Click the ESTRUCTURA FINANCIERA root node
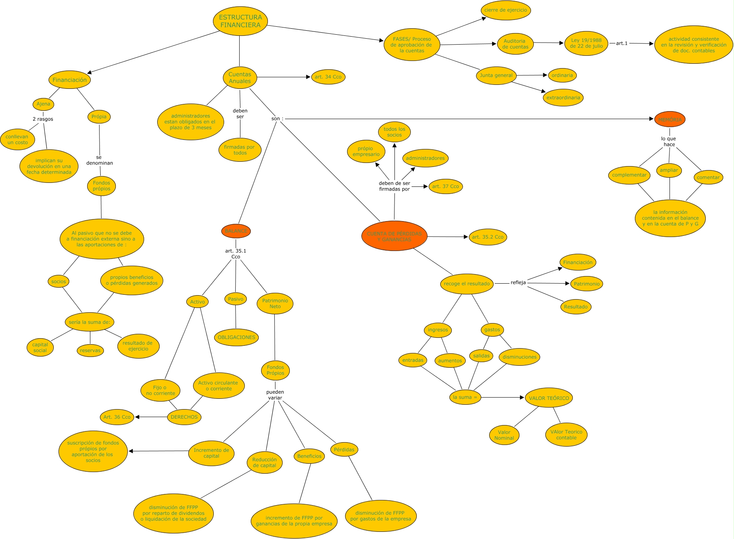tap(240, 21)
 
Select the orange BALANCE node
tap(236, 231)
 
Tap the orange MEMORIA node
tap(670, 120)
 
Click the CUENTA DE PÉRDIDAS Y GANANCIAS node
tap(394, 236)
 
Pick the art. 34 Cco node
tap(328, 77)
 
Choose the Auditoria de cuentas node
tap(515, 44)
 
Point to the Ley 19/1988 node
tap(586, 43)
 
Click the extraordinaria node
tap(563, 98)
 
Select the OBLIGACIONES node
tap(236, 337)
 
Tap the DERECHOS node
tap(184, 417)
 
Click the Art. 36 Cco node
tap(117, 417)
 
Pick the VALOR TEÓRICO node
tap(549, 398)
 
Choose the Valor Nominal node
tap(504, 435)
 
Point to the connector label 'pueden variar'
tap(275, 395)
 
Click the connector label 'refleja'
tap(518, 282)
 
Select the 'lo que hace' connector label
tap(669, 141)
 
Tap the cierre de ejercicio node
tap(506, 10)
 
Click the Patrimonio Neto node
tap(275, 304)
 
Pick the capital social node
tap(40, 347)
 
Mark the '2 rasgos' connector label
tap(43, 119)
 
